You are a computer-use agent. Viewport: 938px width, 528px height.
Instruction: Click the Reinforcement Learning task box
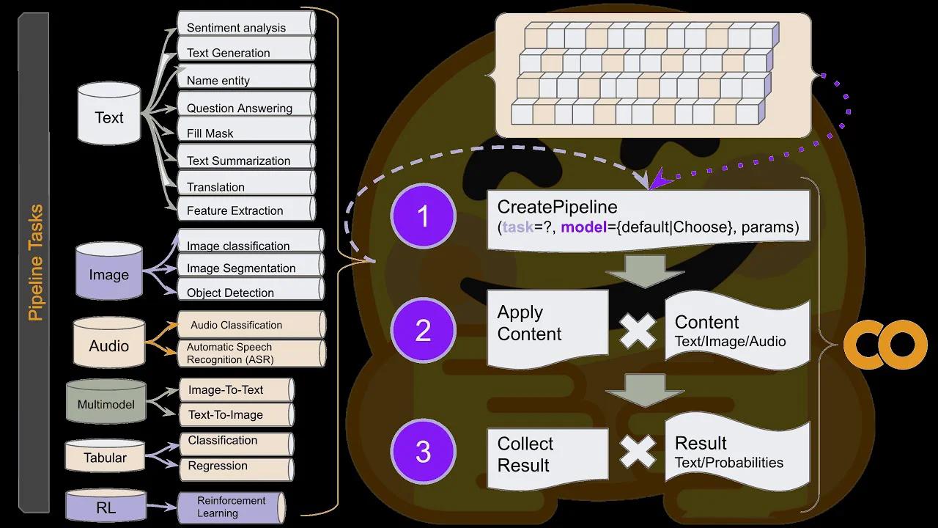pyautogui.click(x=231, y=507)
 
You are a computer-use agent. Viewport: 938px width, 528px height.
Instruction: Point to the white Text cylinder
pyautogui.click(x=109, y=115)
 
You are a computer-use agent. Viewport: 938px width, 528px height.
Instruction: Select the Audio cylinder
pyautogui.click(x=109, y=345)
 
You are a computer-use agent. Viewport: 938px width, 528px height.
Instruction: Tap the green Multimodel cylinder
pyautogui.click(x=106, y=403)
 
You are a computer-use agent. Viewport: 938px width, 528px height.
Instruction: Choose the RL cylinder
pyautogui.click(x=106, y=506)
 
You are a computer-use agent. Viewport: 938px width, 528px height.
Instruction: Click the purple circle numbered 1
pyautogui.click(x=423, y=216)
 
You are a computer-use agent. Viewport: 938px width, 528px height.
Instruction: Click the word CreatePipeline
pyautogui.click(x=557, y=207)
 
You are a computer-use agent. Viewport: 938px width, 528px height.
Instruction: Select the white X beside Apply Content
pyautogui.click(x=638, y=331)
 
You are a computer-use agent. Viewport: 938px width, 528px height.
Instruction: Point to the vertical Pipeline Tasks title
pyautogui.click(x=34, y=263)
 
